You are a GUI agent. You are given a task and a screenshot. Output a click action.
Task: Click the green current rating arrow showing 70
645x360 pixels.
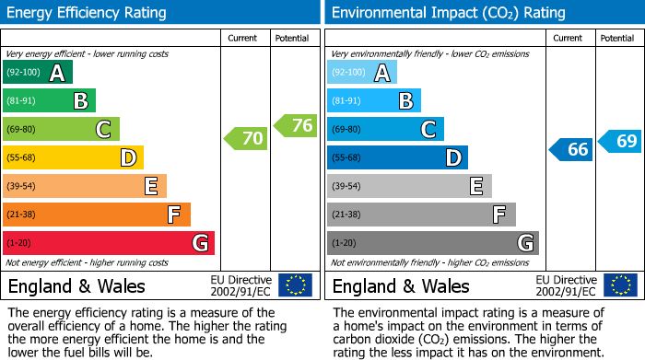[246, 139]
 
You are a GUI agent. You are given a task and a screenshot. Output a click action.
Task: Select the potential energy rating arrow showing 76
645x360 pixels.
[296, 125]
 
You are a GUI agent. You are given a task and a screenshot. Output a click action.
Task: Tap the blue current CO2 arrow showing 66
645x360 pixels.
[571, 149]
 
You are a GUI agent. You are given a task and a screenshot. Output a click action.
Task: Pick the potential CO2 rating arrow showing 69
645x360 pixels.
[620, 141]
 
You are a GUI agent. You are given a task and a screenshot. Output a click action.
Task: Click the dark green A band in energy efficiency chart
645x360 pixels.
[38, 73]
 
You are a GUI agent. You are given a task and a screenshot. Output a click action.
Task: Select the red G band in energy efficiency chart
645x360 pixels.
[109, 243]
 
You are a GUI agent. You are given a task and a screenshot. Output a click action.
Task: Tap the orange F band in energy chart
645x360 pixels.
[97, 215]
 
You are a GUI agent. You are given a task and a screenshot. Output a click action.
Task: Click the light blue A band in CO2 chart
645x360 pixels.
[362, 73]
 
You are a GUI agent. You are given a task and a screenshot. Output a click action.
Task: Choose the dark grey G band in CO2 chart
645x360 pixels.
[433, 243]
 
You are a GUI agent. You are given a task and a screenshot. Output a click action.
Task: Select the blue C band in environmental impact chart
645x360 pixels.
[385, 130]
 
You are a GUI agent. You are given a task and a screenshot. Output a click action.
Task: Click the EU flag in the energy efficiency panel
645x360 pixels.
[295, 285]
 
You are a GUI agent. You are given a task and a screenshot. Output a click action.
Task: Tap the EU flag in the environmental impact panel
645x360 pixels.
[619, 285]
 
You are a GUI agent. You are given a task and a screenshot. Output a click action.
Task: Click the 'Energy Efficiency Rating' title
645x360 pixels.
[88, 13]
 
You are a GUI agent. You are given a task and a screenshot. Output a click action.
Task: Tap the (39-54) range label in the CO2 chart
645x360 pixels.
[347, 187]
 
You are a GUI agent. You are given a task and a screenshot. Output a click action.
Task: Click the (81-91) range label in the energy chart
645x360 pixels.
[23, 101]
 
